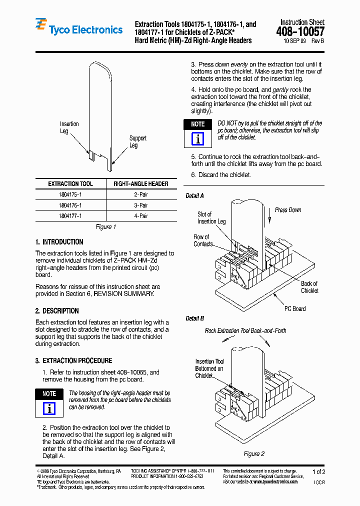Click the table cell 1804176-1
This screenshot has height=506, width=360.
point(70,205)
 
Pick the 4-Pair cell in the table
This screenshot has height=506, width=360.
point(140,216)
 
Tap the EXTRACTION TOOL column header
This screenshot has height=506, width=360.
point(70,183)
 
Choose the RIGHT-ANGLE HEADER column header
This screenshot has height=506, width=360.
point(140,183)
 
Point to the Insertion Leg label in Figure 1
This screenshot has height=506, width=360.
point(69,127)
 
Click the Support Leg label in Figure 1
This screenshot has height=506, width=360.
point(137,141)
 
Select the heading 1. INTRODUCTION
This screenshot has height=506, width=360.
point(59,242)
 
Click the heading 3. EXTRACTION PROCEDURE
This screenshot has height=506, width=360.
point(73,360)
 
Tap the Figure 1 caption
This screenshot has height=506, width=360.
point(105,227)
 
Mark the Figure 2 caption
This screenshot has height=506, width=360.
point(253,453)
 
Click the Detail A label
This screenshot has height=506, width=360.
point(194,196)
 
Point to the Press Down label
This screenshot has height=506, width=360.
point(288,210)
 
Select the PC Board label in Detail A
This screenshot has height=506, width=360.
point(295,308)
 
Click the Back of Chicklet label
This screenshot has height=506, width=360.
point(309,287)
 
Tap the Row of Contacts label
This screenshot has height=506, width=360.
point(202,240)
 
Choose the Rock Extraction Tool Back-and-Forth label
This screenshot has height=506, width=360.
point(245,330)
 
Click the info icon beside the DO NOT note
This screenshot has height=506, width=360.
point(198,138)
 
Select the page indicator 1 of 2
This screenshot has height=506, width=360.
point(318,471)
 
